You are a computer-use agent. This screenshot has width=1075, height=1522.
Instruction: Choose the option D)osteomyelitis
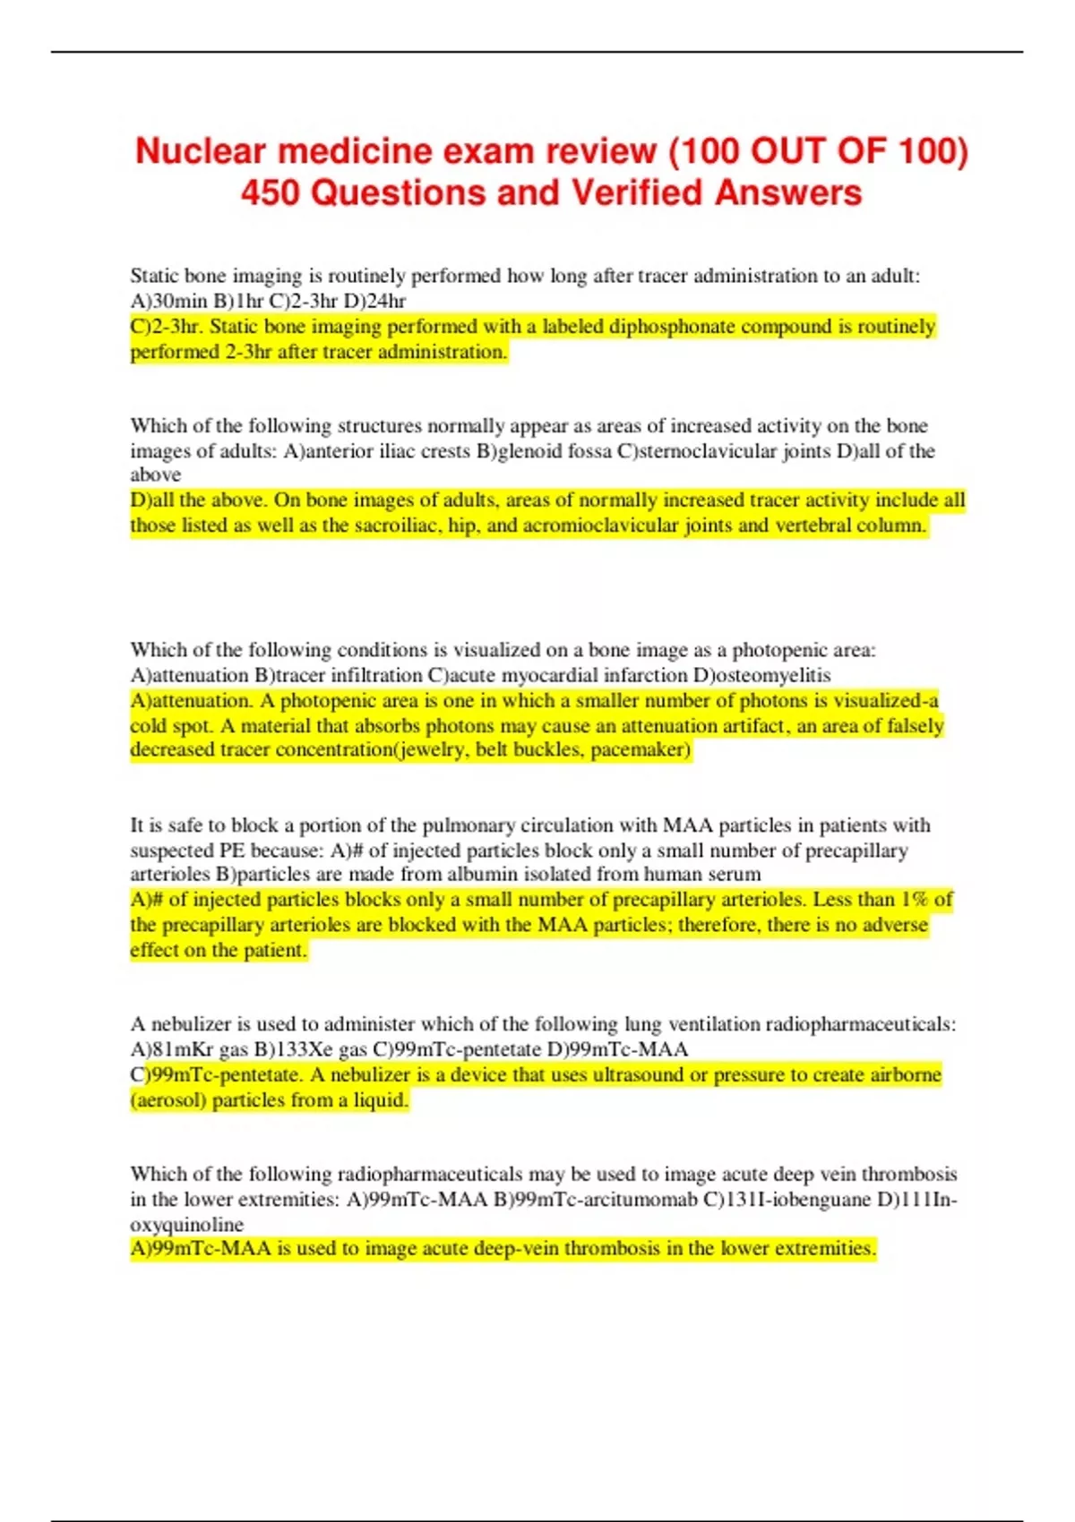[762, 675]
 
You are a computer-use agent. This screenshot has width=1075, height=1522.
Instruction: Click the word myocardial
[555, 675]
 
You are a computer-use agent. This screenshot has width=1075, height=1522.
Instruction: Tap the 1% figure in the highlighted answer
[915, 900]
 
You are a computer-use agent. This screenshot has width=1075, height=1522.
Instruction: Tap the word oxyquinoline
[186, 1224]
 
